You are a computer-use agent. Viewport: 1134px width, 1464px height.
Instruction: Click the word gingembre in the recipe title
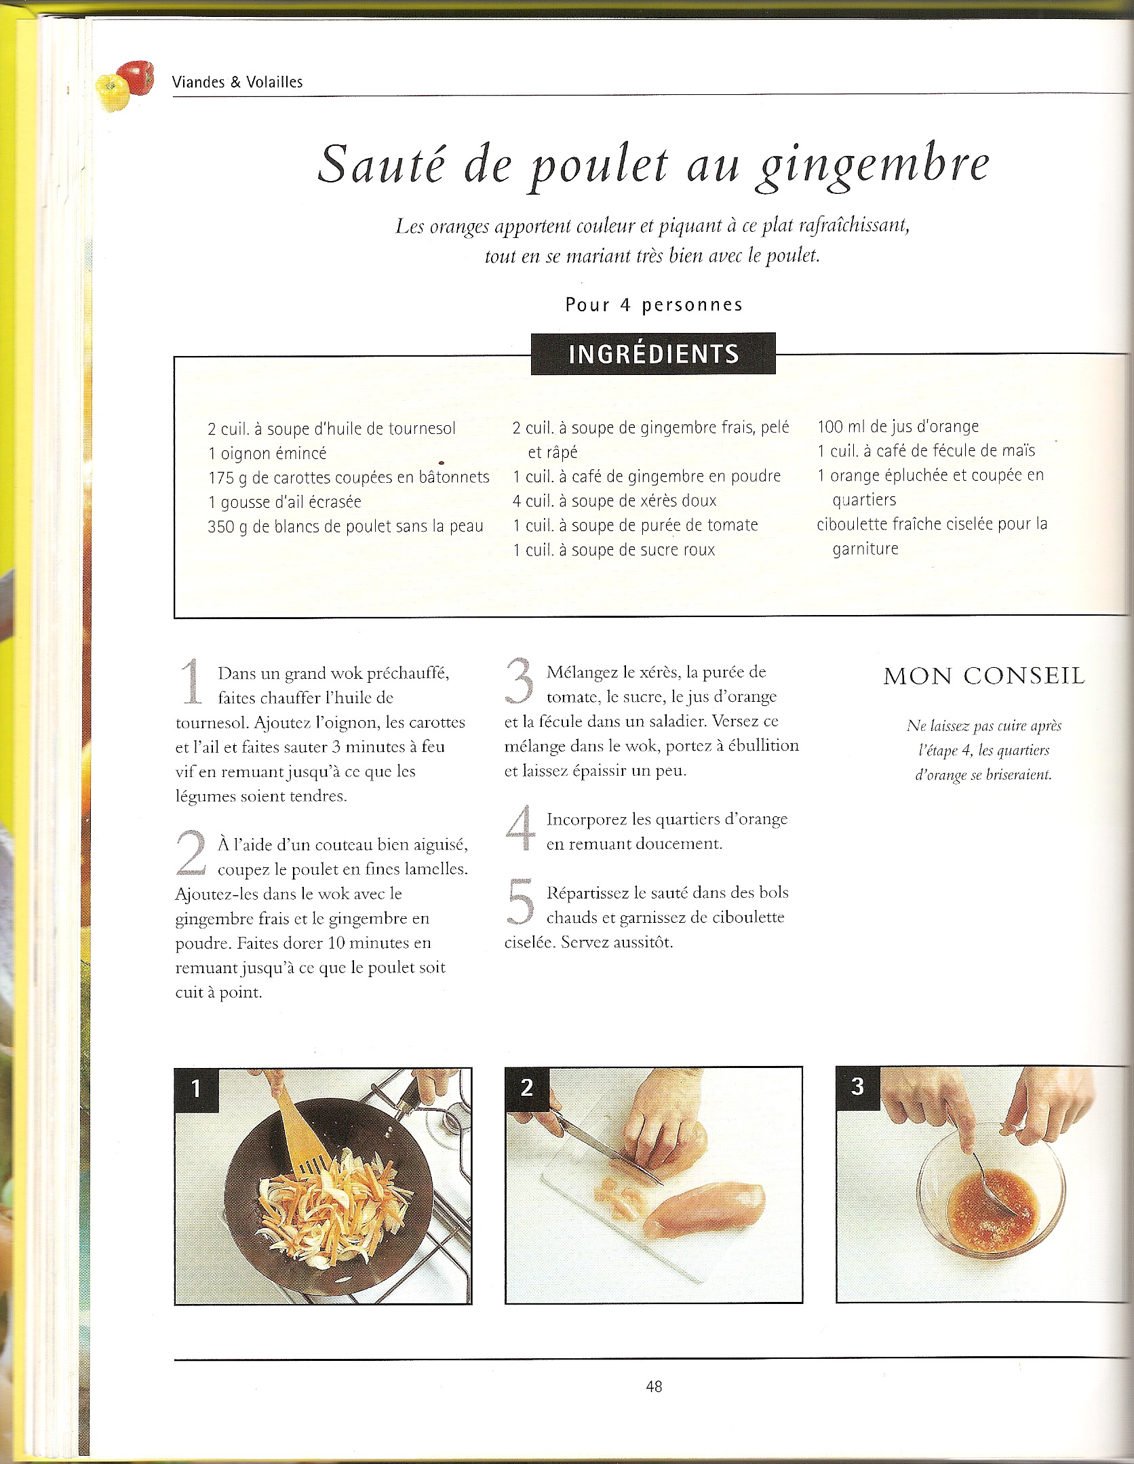coord(873,167)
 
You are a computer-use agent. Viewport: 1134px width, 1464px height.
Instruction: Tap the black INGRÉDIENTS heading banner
coord(653,353)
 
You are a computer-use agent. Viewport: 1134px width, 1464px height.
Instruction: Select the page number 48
coord(654,1387)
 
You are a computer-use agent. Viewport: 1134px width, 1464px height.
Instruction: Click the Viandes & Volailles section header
coord(237,82)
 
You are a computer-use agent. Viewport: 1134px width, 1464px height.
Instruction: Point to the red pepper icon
coord(135,77)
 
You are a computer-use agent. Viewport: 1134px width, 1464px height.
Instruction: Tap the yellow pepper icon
coord(113,93)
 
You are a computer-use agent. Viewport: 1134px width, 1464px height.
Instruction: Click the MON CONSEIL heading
coord(984,676)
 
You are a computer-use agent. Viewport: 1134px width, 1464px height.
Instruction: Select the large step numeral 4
coord(521,829)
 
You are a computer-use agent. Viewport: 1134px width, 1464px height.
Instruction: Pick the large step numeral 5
coord(521,903)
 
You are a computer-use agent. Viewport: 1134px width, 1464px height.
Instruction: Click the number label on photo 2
coord(527,1088)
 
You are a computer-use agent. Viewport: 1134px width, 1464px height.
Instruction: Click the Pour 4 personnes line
coord(654,305)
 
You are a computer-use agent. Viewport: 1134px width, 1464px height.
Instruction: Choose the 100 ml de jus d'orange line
coord(898,427)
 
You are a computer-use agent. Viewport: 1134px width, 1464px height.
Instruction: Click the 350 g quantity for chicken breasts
coord(228,527)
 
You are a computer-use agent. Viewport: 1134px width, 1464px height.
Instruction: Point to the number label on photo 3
coord(858,1086)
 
